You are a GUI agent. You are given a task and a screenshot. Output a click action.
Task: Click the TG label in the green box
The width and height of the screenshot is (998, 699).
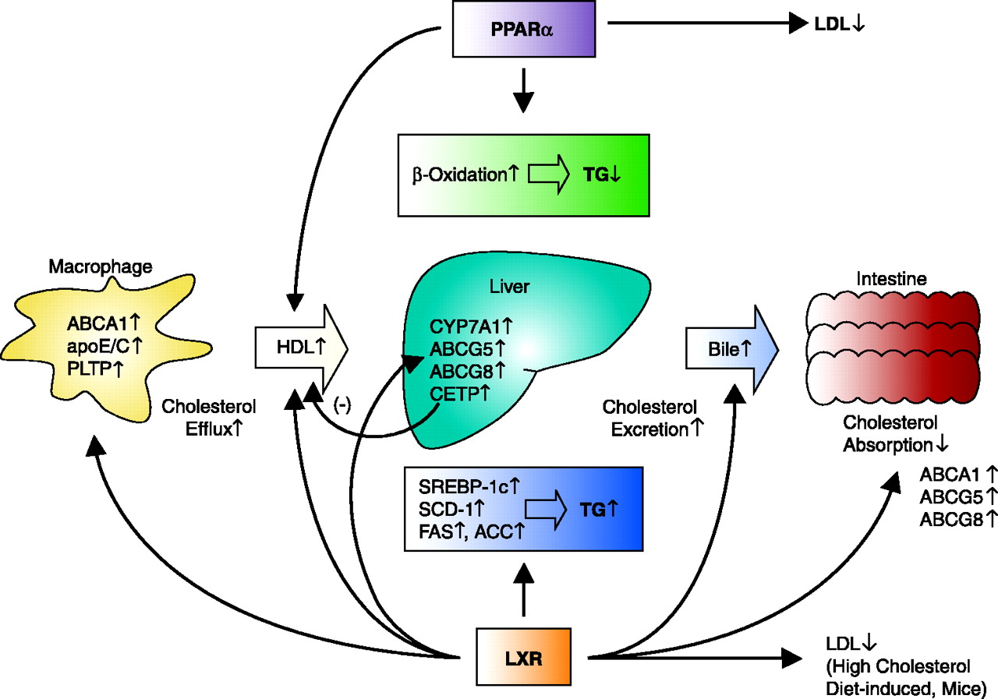[x=601, y=174]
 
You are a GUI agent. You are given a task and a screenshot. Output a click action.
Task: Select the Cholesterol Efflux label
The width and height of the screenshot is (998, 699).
[x=209, y=417]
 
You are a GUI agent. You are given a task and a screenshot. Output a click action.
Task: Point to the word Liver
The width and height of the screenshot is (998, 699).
[x=510, y=287]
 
